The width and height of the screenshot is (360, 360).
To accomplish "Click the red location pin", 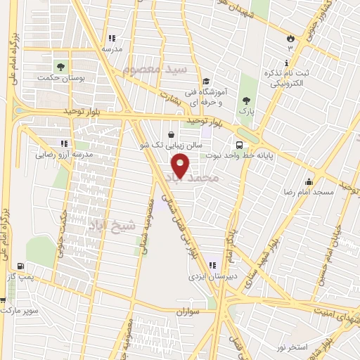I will (x=181, y=166).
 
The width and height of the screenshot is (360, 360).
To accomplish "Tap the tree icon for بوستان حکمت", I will (x=62, y=67).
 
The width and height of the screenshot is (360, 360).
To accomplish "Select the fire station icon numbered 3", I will (x=289, y=37).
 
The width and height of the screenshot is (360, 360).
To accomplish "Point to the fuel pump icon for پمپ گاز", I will (x=19, y=266).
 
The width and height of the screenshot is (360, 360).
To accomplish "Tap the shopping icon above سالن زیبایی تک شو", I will (x=172, y=134).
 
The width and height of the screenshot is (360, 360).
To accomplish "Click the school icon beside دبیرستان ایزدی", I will (x=212, y=266).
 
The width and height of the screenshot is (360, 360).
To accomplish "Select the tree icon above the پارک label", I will (x=245, y=100).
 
